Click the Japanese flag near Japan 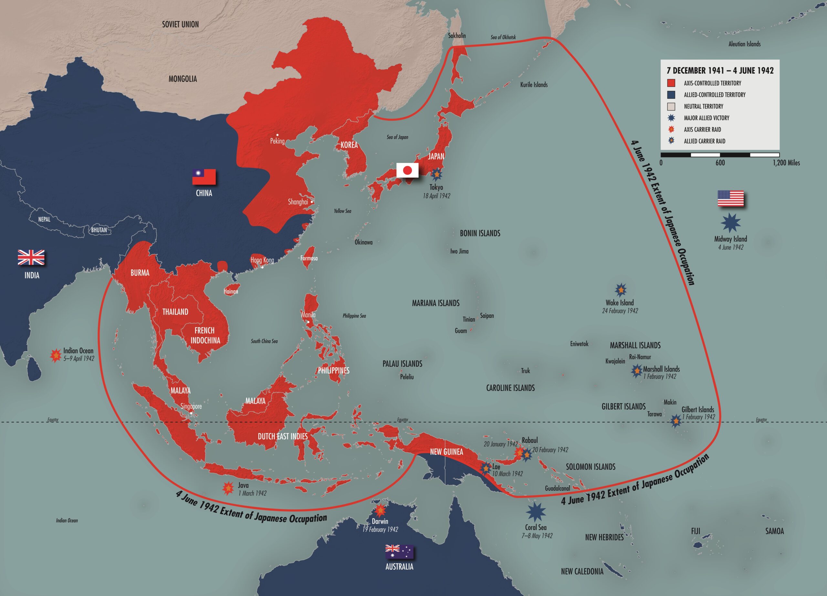point(407,170)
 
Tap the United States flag point(731,198)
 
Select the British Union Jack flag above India point(31,257)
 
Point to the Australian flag point(399,552)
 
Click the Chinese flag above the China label point(204,177)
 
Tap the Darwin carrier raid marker point(380,510)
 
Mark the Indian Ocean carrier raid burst point(56,355)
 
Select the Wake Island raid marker point(621,290)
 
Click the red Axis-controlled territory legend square point(671,83)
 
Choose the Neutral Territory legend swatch point(671,107)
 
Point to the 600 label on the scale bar point(720,163)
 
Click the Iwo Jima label point(459,251)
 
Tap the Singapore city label point(191,406)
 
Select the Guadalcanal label point(557,488)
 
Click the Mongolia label point(183,79)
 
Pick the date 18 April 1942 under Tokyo point(436,196)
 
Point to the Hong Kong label point(262,260)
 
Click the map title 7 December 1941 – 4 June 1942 point(720,71)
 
